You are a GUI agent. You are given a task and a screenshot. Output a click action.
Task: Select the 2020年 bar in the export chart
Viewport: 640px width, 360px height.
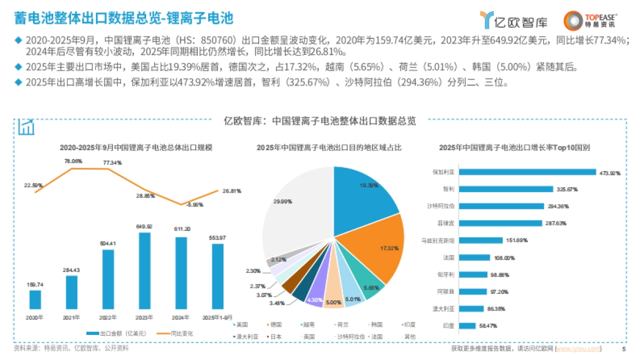pyautogui.click(x=35, y=299)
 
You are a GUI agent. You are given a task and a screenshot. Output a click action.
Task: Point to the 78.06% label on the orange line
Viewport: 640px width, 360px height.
pyautogui.click(x=73, y=161)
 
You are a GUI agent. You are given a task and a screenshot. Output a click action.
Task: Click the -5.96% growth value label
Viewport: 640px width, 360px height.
pyautogui.click(x=181, y=204)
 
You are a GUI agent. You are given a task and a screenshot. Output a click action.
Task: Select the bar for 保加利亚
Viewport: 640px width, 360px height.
pyautogui.click(x=527, y=172)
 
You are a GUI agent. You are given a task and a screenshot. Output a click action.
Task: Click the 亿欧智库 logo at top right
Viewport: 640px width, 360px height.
pyautogui.click(x=506, y=20)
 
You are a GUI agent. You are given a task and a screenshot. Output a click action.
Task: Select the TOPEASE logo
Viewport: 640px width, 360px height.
pyautogui.click(x=590, y=20)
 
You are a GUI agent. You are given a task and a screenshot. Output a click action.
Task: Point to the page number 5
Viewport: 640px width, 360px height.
pyautogui.click(x=624, y=349)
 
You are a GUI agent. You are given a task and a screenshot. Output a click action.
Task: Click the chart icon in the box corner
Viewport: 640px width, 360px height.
pyautogui.click(x=26, y=127)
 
